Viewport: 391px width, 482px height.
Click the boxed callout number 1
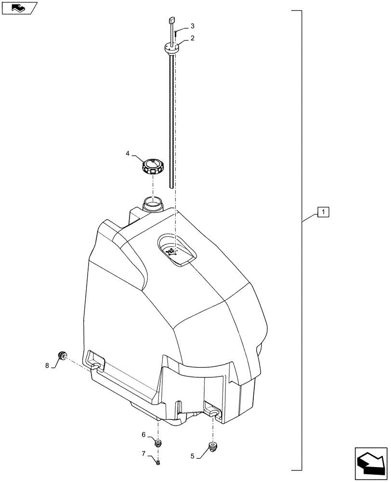323,212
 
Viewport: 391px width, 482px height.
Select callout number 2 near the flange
193,38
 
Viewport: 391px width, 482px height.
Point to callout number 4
128,154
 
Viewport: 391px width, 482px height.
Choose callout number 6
143,434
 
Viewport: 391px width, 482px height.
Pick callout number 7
143,454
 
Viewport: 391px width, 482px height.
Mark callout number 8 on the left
47,366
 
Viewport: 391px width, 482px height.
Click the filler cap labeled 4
152,167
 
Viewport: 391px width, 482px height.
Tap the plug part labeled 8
62,356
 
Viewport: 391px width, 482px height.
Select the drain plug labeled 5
212,446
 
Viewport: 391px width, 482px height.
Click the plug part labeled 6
158,442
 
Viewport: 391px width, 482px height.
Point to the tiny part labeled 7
158,463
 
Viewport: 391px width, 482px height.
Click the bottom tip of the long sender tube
171,186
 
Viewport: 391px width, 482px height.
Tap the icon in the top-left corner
19,8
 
